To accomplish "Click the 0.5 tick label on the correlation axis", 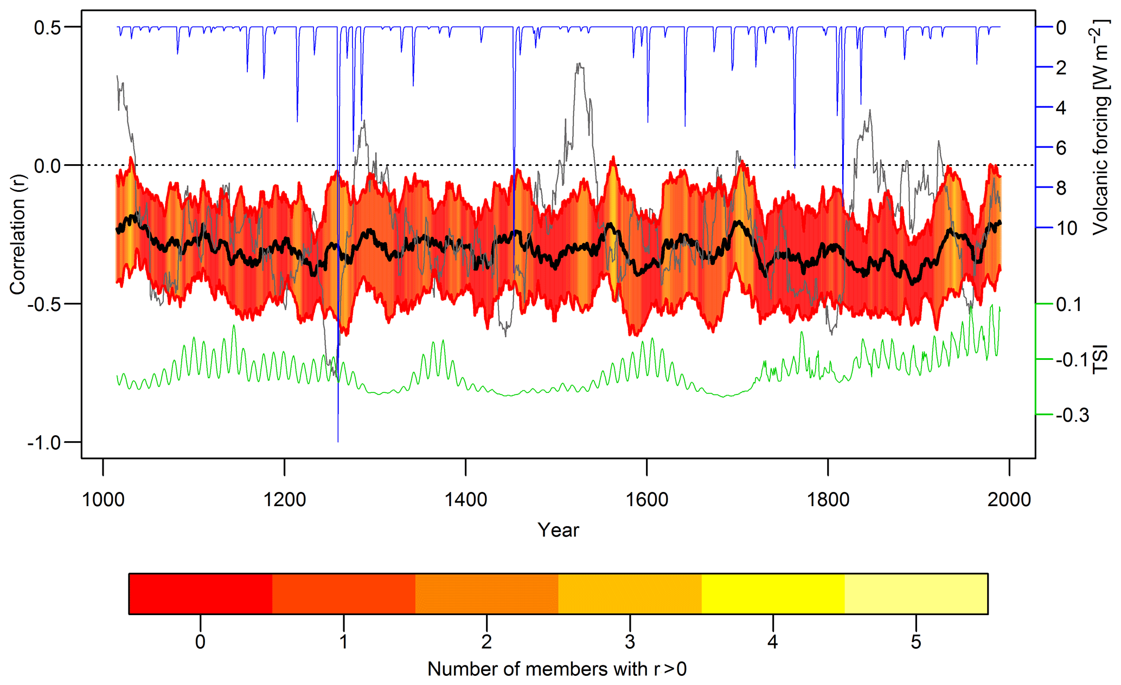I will tap(47, 27).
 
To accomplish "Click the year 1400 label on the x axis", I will tap(465, 499).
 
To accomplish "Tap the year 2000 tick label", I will tap(1009, 499).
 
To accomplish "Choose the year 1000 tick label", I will tap(103, 499).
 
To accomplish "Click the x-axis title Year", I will tap(558, 530).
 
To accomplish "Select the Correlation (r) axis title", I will tap(17, 234).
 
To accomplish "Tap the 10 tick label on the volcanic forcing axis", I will tap(1066, 228).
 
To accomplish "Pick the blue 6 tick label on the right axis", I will tap(1061, 147).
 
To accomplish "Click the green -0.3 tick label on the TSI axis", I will tap(1072, 415).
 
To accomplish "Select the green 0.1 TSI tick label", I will tap(1069, 305).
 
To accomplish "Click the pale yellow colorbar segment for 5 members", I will tap(916, 593).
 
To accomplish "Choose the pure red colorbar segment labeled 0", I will tap(200, 593).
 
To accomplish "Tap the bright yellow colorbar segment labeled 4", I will tap(773, 593).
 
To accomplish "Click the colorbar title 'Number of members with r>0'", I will tap(557, 669).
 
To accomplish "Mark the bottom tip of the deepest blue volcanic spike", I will tap(338, 442).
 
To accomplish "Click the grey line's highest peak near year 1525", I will tap(579, 63).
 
